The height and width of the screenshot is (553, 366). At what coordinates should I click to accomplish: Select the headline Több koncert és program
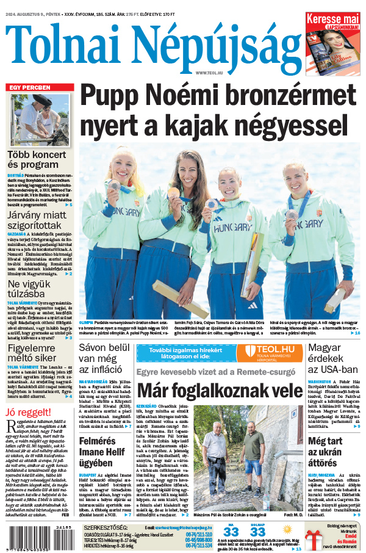pos(37,160)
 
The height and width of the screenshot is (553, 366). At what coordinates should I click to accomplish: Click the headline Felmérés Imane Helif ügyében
pos(105,447)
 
